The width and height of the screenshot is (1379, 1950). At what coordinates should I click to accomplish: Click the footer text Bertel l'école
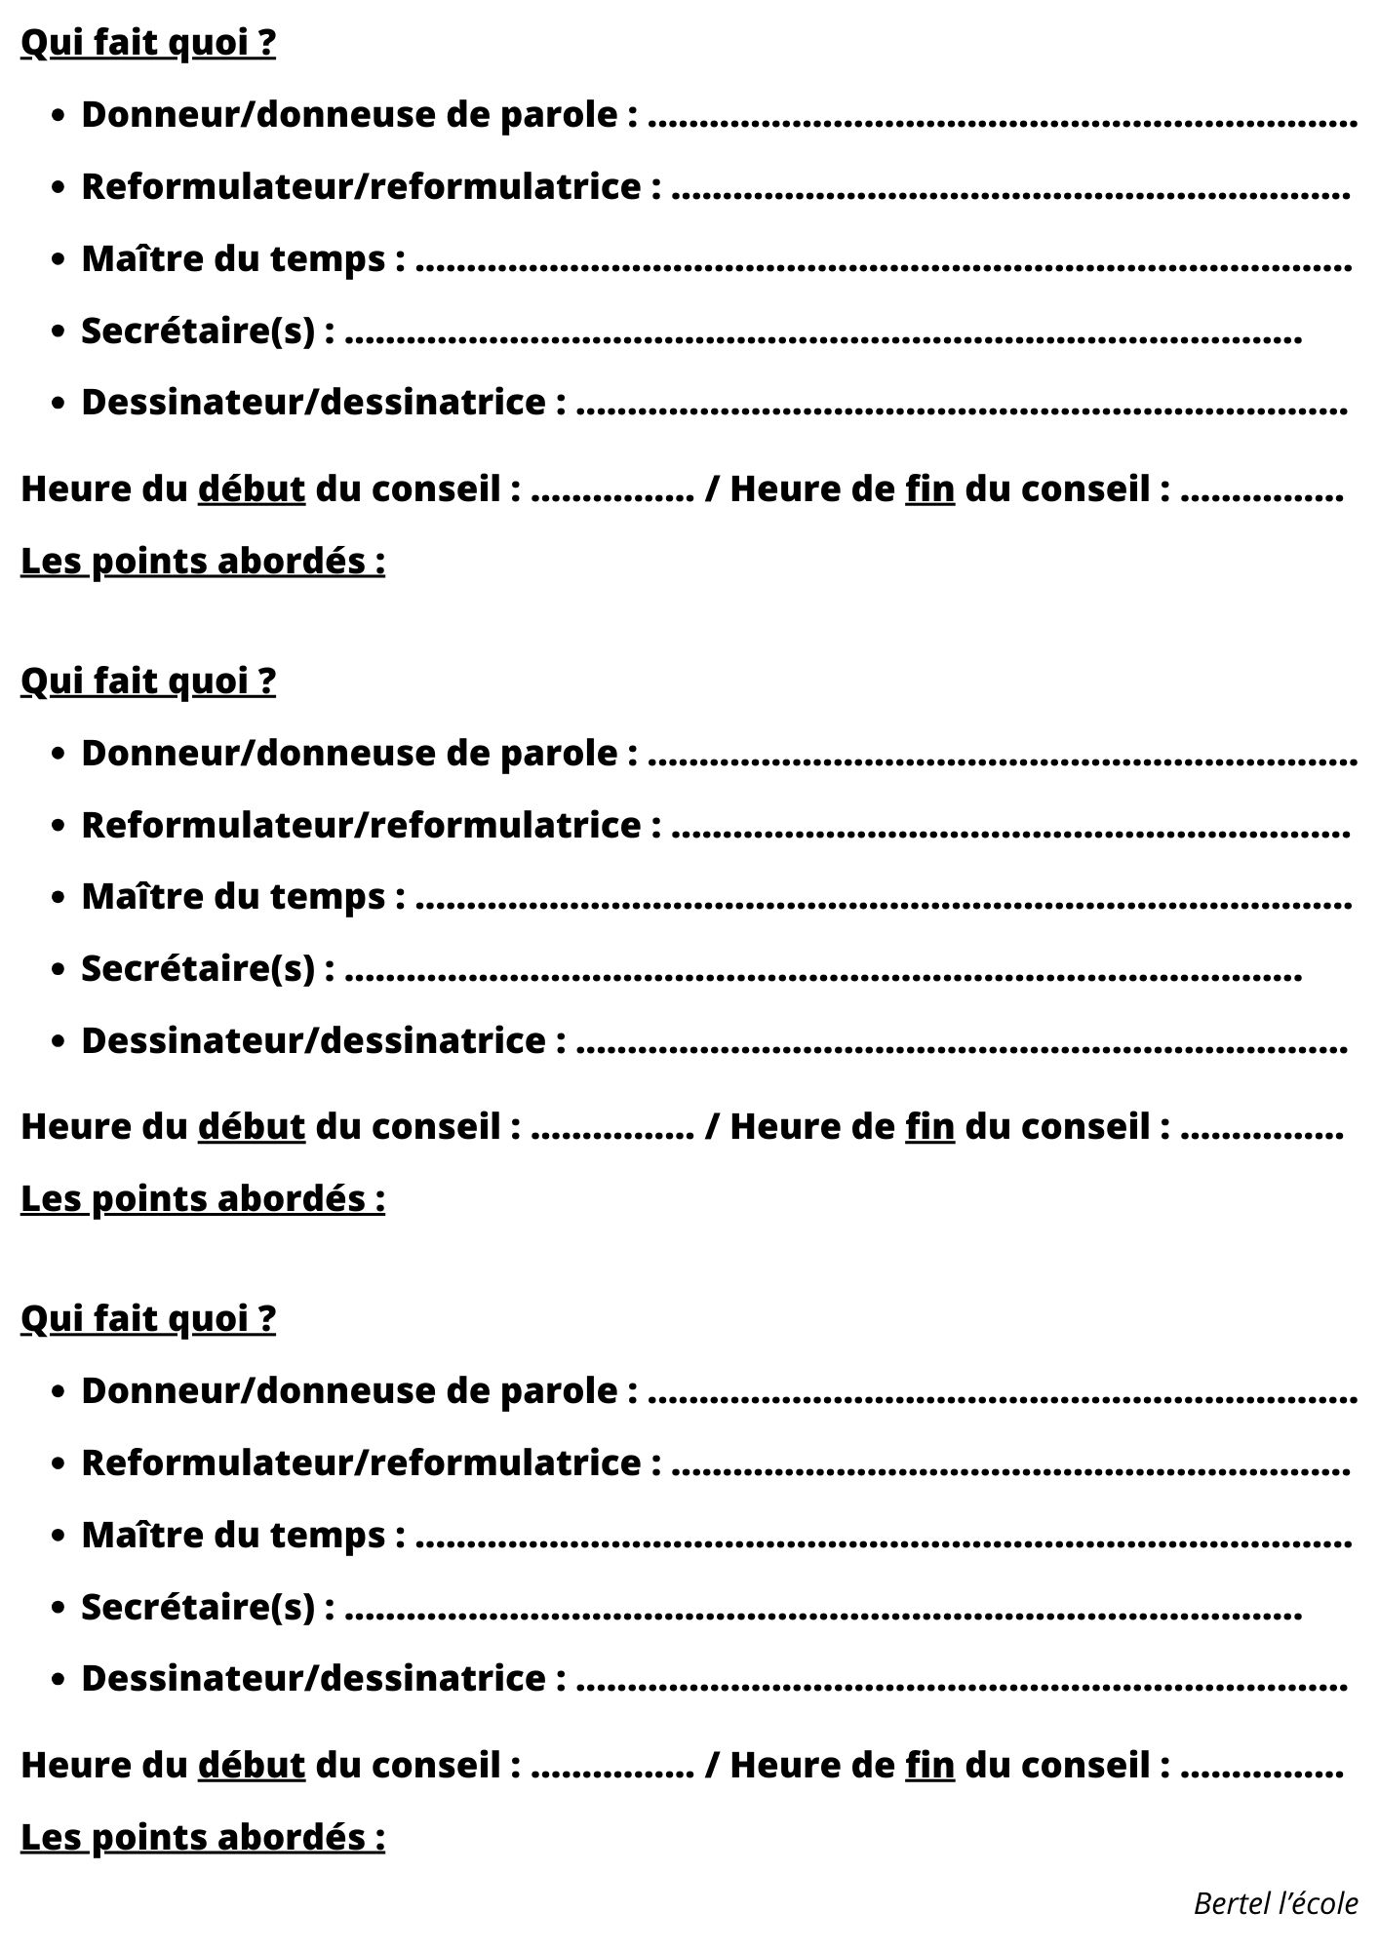(x=1275, y=1902)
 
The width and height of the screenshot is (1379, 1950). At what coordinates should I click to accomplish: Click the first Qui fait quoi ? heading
(x=148, y=43)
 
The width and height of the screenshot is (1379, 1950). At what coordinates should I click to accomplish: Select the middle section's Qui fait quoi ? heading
(x=148, y=681)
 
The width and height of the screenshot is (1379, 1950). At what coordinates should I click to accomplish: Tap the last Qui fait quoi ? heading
(x=148, y=1318)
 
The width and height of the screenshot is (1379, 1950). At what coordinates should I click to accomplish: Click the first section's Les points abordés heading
(x=203, y=562)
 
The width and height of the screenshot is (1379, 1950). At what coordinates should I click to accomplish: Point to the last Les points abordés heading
(x=203, y=1837)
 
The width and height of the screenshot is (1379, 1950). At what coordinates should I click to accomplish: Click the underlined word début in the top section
(x=252, y=488)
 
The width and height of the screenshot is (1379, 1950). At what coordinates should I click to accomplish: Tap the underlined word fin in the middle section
(x=929, y=1126)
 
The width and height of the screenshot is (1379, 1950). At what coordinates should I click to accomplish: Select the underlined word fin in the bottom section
(x=929, y=1764)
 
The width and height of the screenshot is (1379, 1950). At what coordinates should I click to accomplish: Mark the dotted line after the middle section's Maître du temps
(x=884, y=904)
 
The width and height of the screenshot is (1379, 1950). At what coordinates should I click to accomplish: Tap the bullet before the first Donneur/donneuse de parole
(x=59, y=116)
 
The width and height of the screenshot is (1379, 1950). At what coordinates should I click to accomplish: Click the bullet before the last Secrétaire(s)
(x=59, y=1607)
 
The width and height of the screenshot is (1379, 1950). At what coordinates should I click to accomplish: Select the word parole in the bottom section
(x=571, y=1390)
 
